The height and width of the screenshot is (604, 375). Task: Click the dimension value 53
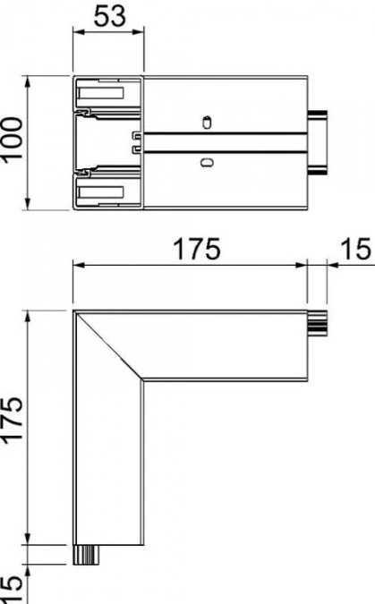pyautogui.click(x=110, y=16)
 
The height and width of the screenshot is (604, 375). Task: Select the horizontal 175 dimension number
pyautogui.click(x=197, y=249)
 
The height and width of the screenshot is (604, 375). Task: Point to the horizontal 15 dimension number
pyautogui.click(x=355, y=249)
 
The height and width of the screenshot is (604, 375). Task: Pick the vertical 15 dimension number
pyautogui.click(x=12, y=590)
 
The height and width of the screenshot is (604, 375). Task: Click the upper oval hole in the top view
pyautogui.click(x=207, y=122)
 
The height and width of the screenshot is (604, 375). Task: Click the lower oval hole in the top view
pyautogui.click(x=207, y=162)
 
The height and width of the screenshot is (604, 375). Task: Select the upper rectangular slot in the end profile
pyautogui.click(x=101, y=93)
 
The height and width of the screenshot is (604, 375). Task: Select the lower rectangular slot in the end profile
pyautogui.click(x=101, y=192)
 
